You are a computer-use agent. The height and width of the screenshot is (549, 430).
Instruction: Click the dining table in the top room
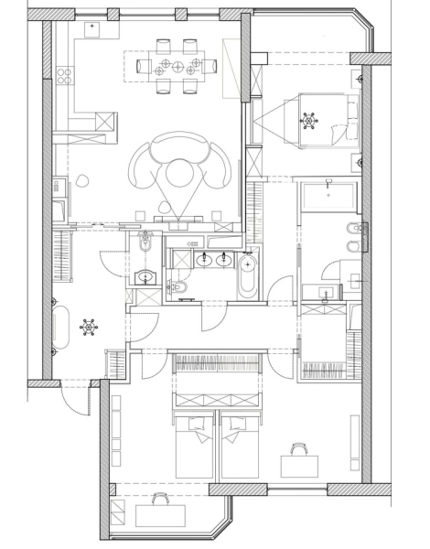[x=175, y=65]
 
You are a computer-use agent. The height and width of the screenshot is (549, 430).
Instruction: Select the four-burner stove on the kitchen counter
[x=64, y=72]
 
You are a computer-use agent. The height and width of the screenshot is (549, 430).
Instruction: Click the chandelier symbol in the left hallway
[x=89, y=324]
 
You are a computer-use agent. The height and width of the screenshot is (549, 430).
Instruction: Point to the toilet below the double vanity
[x=180, y=287]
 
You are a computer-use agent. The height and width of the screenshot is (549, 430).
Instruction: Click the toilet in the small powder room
[x=145, y=245]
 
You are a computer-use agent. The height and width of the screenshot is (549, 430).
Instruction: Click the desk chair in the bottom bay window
[x=160, y=499]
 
